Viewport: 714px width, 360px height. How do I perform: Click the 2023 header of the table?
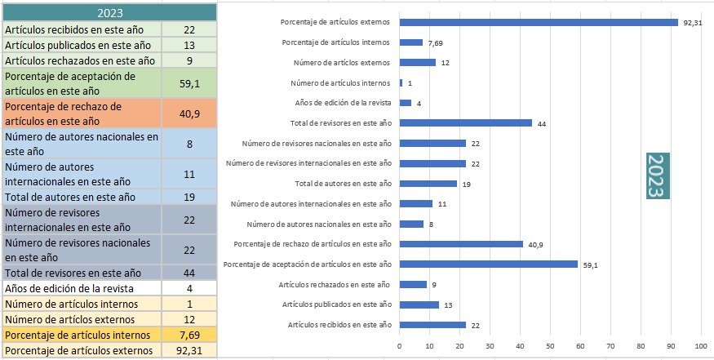click(x=109, y=12)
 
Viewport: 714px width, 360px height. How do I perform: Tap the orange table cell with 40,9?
click(x=189, y=114)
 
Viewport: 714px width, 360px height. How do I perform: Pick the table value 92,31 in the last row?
click(x=189, y=350)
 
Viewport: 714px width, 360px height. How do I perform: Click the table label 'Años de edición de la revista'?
click(x=81, y=288)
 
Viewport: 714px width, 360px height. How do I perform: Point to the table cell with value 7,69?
click(x=189, y=335)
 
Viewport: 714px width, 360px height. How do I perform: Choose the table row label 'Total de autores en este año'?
click(x=81, y=197)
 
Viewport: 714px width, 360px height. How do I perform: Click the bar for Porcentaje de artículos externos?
click(x=539, y=22)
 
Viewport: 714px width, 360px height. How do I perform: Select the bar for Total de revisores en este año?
click(x=465, y=123)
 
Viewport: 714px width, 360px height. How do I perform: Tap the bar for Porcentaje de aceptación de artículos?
click(x=488, y=264)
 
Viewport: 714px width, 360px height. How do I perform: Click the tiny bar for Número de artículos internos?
click(x=401, y=82)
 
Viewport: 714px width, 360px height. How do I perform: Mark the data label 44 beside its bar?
click(x=542, y=124)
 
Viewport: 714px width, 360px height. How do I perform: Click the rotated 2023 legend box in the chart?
click(x=654, y=175)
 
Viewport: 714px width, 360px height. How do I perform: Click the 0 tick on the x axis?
click(x=399, y=346)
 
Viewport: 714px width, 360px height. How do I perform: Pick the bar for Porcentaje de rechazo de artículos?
click(x=461, y=244)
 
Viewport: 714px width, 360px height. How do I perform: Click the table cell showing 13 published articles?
click(x=189, y=45)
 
